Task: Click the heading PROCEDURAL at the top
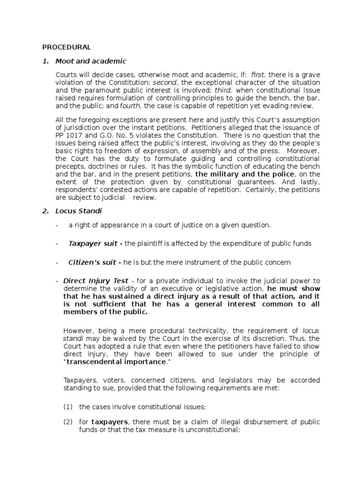67,47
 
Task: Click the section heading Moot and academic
90,61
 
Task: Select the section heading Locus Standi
80,211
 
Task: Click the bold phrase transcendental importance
116,361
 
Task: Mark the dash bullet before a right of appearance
57,225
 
